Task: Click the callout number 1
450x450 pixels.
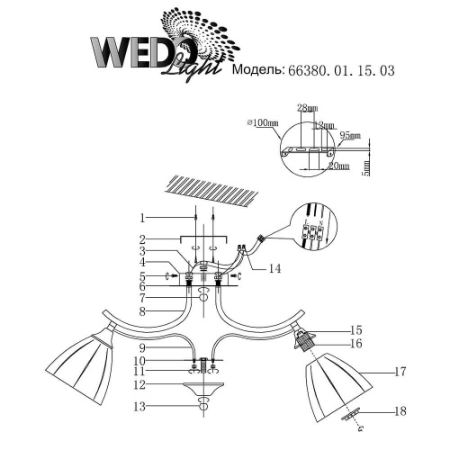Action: [x=142, y=218]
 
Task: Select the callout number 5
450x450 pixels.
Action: [x=142, y=274]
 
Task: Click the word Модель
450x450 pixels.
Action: [x=257, y=68]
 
